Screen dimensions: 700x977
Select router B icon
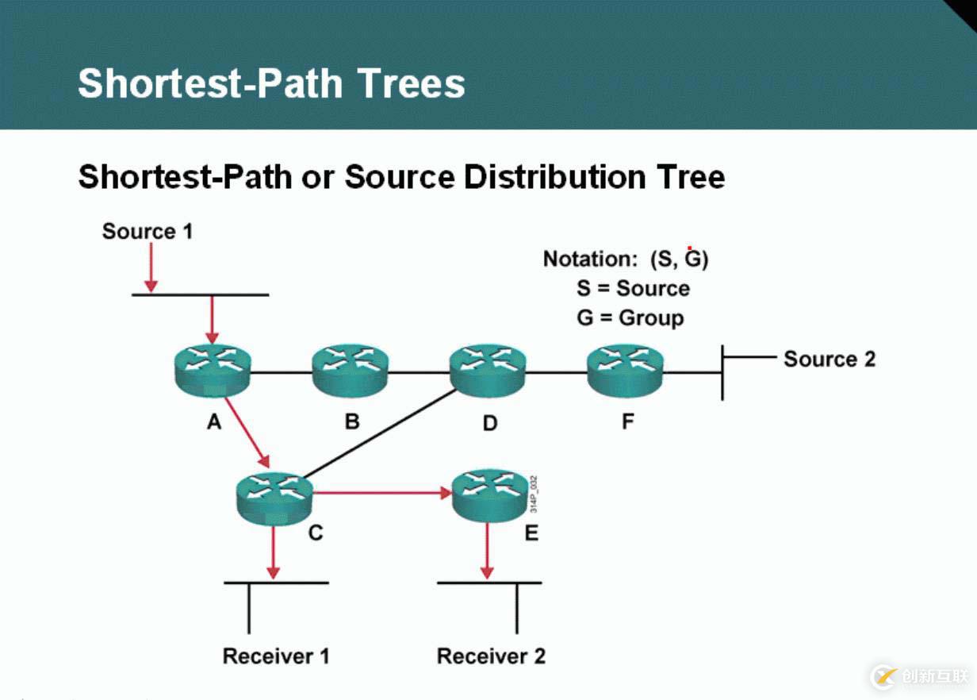(350, 371)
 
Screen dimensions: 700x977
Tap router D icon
(488, 371)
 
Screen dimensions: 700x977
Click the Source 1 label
(148, 232)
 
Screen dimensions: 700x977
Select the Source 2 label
(829, 359)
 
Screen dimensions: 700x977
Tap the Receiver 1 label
(275, 656)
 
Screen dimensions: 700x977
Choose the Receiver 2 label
(491, 656)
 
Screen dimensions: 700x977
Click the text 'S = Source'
(633, 288)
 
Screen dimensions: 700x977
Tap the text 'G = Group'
(630, 318)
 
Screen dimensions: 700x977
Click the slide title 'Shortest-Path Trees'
(271, 83)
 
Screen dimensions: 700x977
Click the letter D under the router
(489, 423)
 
